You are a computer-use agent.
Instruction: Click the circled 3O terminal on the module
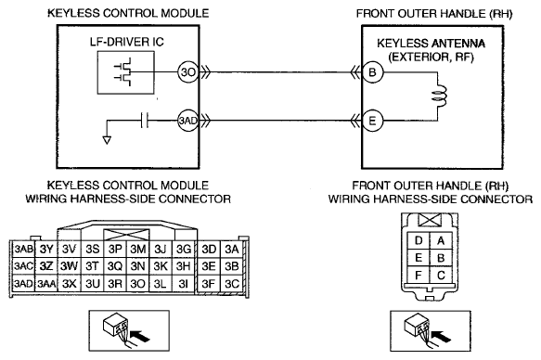coord(188,72)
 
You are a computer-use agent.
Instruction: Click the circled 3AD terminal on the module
coord(188,121)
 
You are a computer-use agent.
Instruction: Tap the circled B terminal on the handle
coord(373,72)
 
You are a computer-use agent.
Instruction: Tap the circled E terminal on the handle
coord(373,121)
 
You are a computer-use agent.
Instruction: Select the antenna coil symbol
coord(439,96)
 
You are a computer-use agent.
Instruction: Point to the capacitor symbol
coord(145,121)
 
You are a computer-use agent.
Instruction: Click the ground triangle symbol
coord(107,140)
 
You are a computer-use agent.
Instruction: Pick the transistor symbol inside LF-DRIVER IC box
coord(124,72)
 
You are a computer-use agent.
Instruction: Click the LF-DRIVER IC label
coord(126,42)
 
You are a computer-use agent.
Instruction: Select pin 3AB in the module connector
coord(23,249)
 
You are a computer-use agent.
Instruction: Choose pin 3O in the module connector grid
coord(137,283)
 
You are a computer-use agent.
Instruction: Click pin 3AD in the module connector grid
coord(23,283)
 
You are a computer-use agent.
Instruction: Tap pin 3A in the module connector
coord(232,249)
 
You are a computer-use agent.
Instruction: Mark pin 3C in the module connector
coord(232,283)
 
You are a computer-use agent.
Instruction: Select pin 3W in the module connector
coord(69,266)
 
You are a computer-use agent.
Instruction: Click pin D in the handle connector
coord(419,240)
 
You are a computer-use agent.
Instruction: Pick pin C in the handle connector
coord(441,276)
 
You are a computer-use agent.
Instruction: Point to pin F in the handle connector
coord(419,276)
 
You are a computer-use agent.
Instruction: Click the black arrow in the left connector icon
coord(141,336)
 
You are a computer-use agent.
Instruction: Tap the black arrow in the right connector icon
coord(442,336)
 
